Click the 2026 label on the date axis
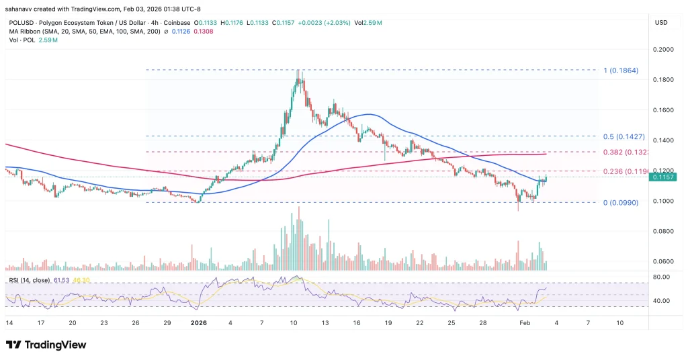[x=199, y=322]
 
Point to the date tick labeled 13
[x=325, y=322]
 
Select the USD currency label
[x=661, y=23]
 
